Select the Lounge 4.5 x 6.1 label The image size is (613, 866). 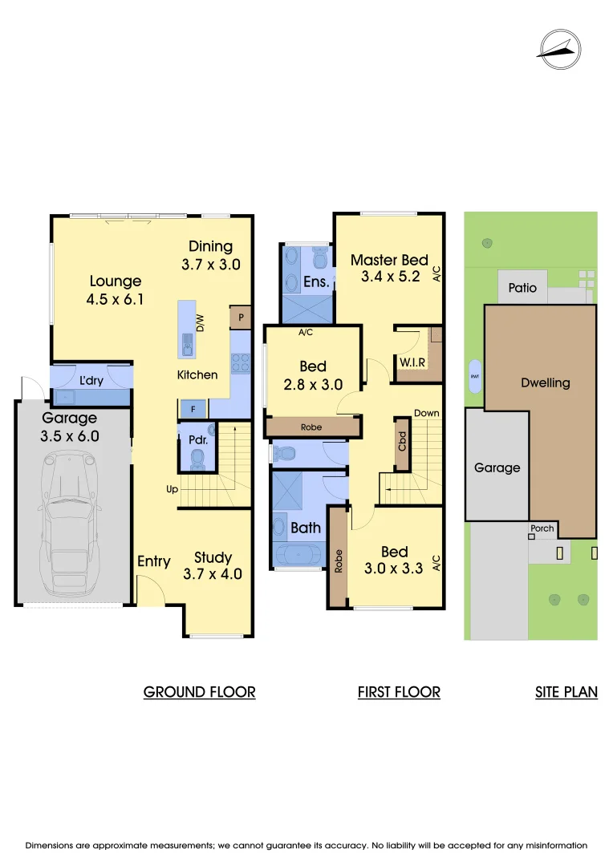click(x=116, y=290)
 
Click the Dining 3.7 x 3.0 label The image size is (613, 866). click(x=211, y=255)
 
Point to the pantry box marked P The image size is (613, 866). click(x=240, y=318)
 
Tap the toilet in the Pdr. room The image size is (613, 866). click(x=197, y=459)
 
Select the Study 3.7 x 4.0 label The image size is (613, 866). click(x=213, y=565)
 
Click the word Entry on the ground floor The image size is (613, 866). click(x=153, y=561)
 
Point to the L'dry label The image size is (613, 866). click(x=91, y=381)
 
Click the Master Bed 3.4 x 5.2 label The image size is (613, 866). click(x=389, y=269)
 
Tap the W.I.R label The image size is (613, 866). click(x=412, y=363)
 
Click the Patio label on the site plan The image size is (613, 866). click(x=522, y=288)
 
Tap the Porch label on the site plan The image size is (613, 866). click(x=542, y=528)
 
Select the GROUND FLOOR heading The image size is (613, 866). click(x=199, y=692)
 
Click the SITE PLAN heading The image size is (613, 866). click(x=566, y=692)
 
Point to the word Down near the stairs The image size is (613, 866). click(x=426, y=413)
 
